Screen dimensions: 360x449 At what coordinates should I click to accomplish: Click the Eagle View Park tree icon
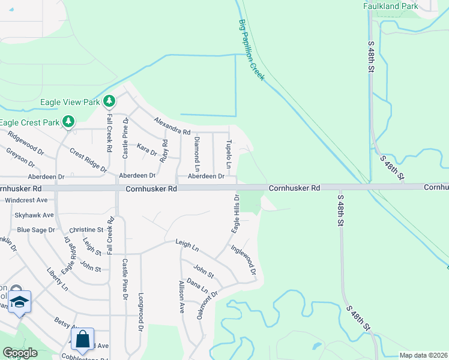point(109,101)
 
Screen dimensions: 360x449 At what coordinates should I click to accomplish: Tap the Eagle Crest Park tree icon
point(68,122)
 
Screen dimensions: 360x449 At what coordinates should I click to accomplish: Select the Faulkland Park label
point(390,6)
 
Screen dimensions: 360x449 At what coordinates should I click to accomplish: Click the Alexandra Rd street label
point(172,126)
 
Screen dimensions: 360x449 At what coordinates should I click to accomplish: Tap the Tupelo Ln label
point(229,154)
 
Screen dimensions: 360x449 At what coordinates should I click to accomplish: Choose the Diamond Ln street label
point(196,152)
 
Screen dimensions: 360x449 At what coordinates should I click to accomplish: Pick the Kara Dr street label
point(146,146)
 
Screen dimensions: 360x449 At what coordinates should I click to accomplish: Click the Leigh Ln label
point(187,244)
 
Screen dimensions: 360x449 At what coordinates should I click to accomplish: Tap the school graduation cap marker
point(19,301)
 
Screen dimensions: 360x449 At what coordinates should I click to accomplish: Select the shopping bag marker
point(83,338)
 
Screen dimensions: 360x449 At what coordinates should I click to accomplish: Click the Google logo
point(20,353)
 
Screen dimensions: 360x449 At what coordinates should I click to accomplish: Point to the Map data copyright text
point(423,355)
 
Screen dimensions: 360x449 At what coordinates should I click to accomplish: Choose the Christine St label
point(86,230)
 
